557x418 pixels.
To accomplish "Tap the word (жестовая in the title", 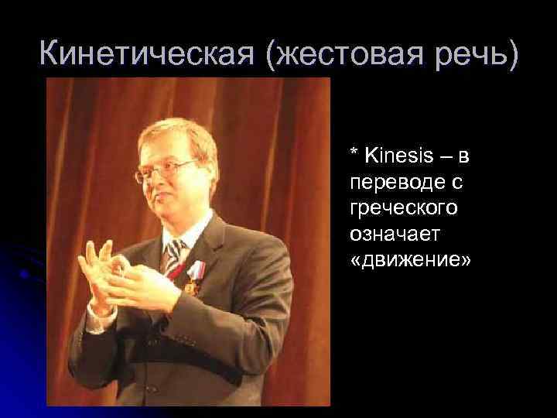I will coord(330,54).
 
